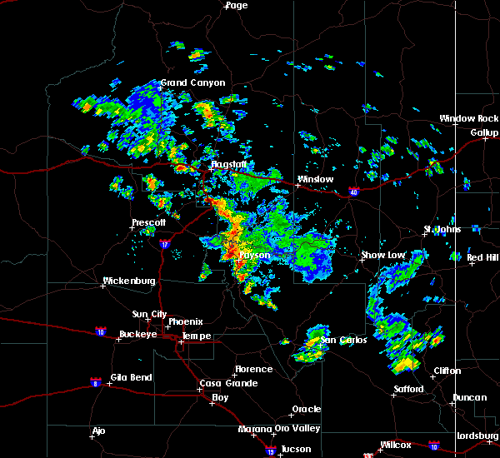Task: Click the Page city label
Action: pyautogui.click(x=237, y=5)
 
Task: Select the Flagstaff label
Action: pyautogui.click(x=227, y=165)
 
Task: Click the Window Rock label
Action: pyautogui.click(x=469, y=119)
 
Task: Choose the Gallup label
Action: pyautogui.click(x=484, y=132)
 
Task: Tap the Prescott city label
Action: pyautogui.click(x=149, y=222)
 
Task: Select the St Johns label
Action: pyautogui.click(x=442, y=229)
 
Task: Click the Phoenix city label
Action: pyautogui.click(x=186, y=321)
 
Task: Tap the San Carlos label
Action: pyautogui.click(x=342, y=340)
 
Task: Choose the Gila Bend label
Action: pyautogui.click(x=130, y=377)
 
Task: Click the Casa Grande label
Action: pyautogui.click(x=223, y=383)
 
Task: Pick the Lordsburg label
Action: pyautogui.click(x=477, y=436)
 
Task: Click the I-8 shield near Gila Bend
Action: pyautogui.click(x=96, y=381)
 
